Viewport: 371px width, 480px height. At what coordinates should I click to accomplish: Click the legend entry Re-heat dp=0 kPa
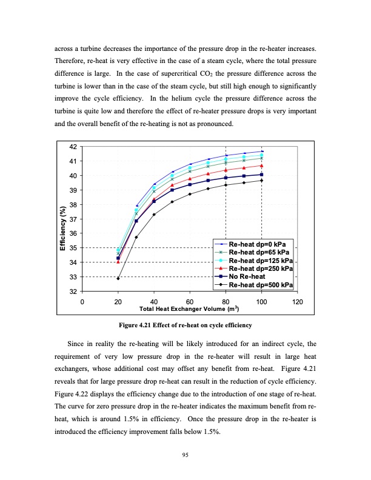(262, 243)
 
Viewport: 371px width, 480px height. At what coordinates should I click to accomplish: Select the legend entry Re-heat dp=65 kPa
(262, 252)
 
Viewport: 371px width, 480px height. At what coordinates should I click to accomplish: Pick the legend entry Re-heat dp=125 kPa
(262, 259)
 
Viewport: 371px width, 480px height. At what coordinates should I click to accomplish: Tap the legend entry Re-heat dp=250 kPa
(262, 268)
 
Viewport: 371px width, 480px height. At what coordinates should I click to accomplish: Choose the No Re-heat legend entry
(255, 276)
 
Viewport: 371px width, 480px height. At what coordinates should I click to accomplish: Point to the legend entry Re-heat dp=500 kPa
(262, 284)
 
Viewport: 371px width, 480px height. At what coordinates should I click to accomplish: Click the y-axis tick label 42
(73, 147)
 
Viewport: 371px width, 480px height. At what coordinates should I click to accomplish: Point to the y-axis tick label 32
(73, 292)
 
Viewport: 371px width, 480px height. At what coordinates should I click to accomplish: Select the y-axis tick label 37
(73, 219)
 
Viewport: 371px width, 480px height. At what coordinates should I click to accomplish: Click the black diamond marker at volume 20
(118, 279)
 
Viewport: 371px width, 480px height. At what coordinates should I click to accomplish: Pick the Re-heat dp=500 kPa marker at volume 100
(262, 181)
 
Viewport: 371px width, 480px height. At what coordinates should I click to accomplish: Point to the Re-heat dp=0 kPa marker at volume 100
(262, 151)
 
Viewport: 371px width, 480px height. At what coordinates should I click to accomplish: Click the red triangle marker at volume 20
(118, 262)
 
